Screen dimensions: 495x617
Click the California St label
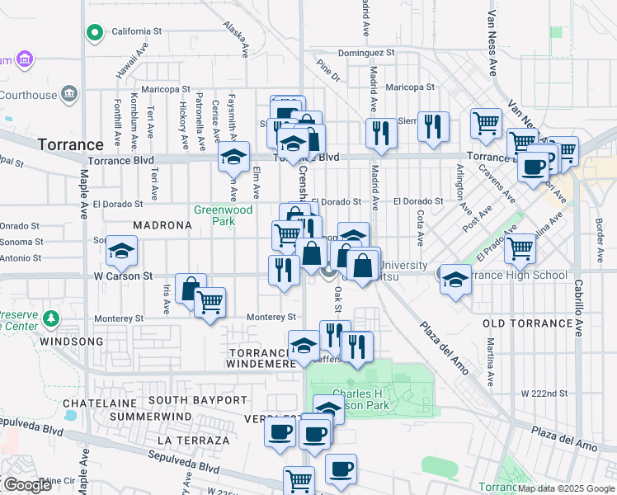(x=136, y=31)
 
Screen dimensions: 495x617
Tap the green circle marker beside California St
(x=95, y=33)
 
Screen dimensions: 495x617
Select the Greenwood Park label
(x=223, y=215)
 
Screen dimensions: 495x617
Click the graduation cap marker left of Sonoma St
(x=121, y=251)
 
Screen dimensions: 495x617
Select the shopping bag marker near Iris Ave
(x=191, y=290)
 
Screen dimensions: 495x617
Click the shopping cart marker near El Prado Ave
(x=520, y=247)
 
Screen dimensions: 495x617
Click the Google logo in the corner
(x=27, y=484)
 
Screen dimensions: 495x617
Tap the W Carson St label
(x=124, y=276)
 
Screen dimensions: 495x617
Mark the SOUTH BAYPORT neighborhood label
(x=198, y=400)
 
